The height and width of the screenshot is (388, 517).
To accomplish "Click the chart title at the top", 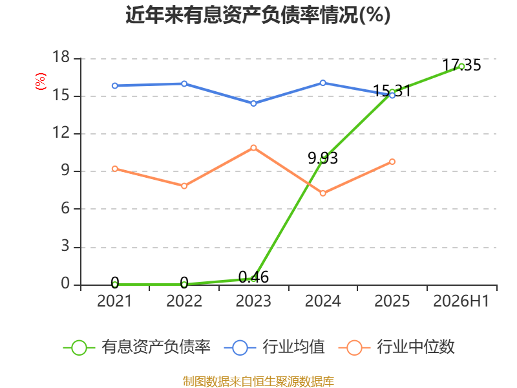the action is pos(258,15).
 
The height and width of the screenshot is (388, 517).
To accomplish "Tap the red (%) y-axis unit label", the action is pos(41,81).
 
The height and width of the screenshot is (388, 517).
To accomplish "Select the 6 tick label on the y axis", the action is pos(65,208).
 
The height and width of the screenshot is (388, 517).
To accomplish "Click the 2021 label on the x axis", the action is pos(114,301).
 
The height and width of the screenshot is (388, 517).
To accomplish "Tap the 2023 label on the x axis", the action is pos(253,301).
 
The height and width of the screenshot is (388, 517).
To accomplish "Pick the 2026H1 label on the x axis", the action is pos(461,301).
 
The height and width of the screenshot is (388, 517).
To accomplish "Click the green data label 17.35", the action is pos(461,65).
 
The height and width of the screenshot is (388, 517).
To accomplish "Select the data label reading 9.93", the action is pos(322,158).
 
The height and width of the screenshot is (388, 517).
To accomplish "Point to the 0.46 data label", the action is pos(253,277).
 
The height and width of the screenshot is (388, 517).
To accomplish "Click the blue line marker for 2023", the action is pos(253,103).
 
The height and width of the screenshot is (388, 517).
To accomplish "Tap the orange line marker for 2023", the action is pos(253,148).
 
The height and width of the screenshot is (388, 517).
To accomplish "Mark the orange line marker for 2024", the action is pos(323,193).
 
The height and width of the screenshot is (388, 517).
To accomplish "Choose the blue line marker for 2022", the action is pos(184,84).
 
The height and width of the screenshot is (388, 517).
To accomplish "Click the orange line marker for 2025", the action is pos(392,162).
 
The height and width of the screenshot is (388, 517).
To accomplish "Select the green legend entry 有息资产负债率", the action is pos(136,347).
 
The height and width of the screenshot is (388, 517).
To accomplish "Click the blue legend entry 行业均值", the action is pos(274,347).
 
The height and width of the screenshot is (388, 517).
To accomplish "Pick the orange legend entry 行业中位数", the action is pos(396,347).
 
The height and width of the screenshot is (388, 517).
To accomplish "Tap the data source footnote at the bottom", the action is pos(258,382).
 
